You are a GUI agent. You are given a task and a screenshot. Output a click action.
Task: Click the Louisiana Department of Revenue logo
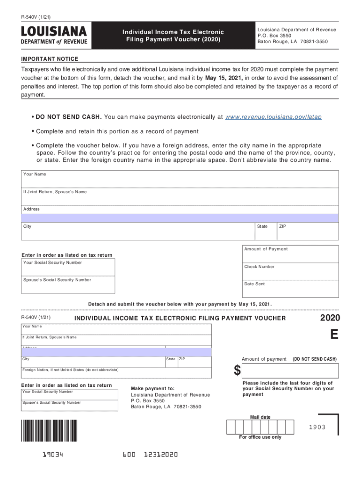(x=54, y=36)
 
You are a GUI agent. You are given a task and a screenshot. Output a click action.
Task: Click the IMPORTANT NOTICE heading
(x=50, y=59)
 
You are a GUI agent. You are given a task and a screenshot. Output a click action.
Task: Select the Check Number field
(x=290, y=271)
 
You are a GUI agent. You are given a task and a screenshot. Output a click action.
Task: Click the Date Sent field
(x=290, y=289)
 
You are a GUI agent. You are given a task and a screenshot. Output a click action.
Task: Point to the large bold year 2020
(x=330, y=318)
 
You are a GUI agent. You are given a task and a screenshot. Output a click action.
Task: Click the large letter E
(x=334, y=335)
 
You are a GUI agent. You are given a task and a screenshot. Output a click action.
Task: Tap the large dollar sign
(x=238, y=370)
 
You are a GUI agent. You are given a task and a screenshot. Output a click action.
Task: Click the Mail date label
(x=260, y=417)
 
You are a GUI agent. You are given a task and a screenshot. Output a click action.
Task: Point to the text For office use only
(x=260, y=437)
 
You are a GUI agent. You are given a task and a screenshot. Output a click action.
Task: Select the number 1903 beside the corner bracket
(x=317, y=428)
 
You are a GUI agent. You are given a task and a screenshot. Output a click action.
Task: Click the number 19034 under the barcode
(x=51, y=455)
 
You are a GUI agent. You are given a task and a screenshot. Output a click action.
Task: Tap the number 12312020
(x=161, y=455)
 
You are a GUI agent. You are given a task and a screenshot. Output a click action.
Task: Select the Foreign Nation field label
(x=70, y=370)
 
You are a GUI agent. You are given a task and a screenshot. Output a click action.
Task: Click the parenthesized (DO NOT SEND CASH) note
(x=314, y=359)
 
